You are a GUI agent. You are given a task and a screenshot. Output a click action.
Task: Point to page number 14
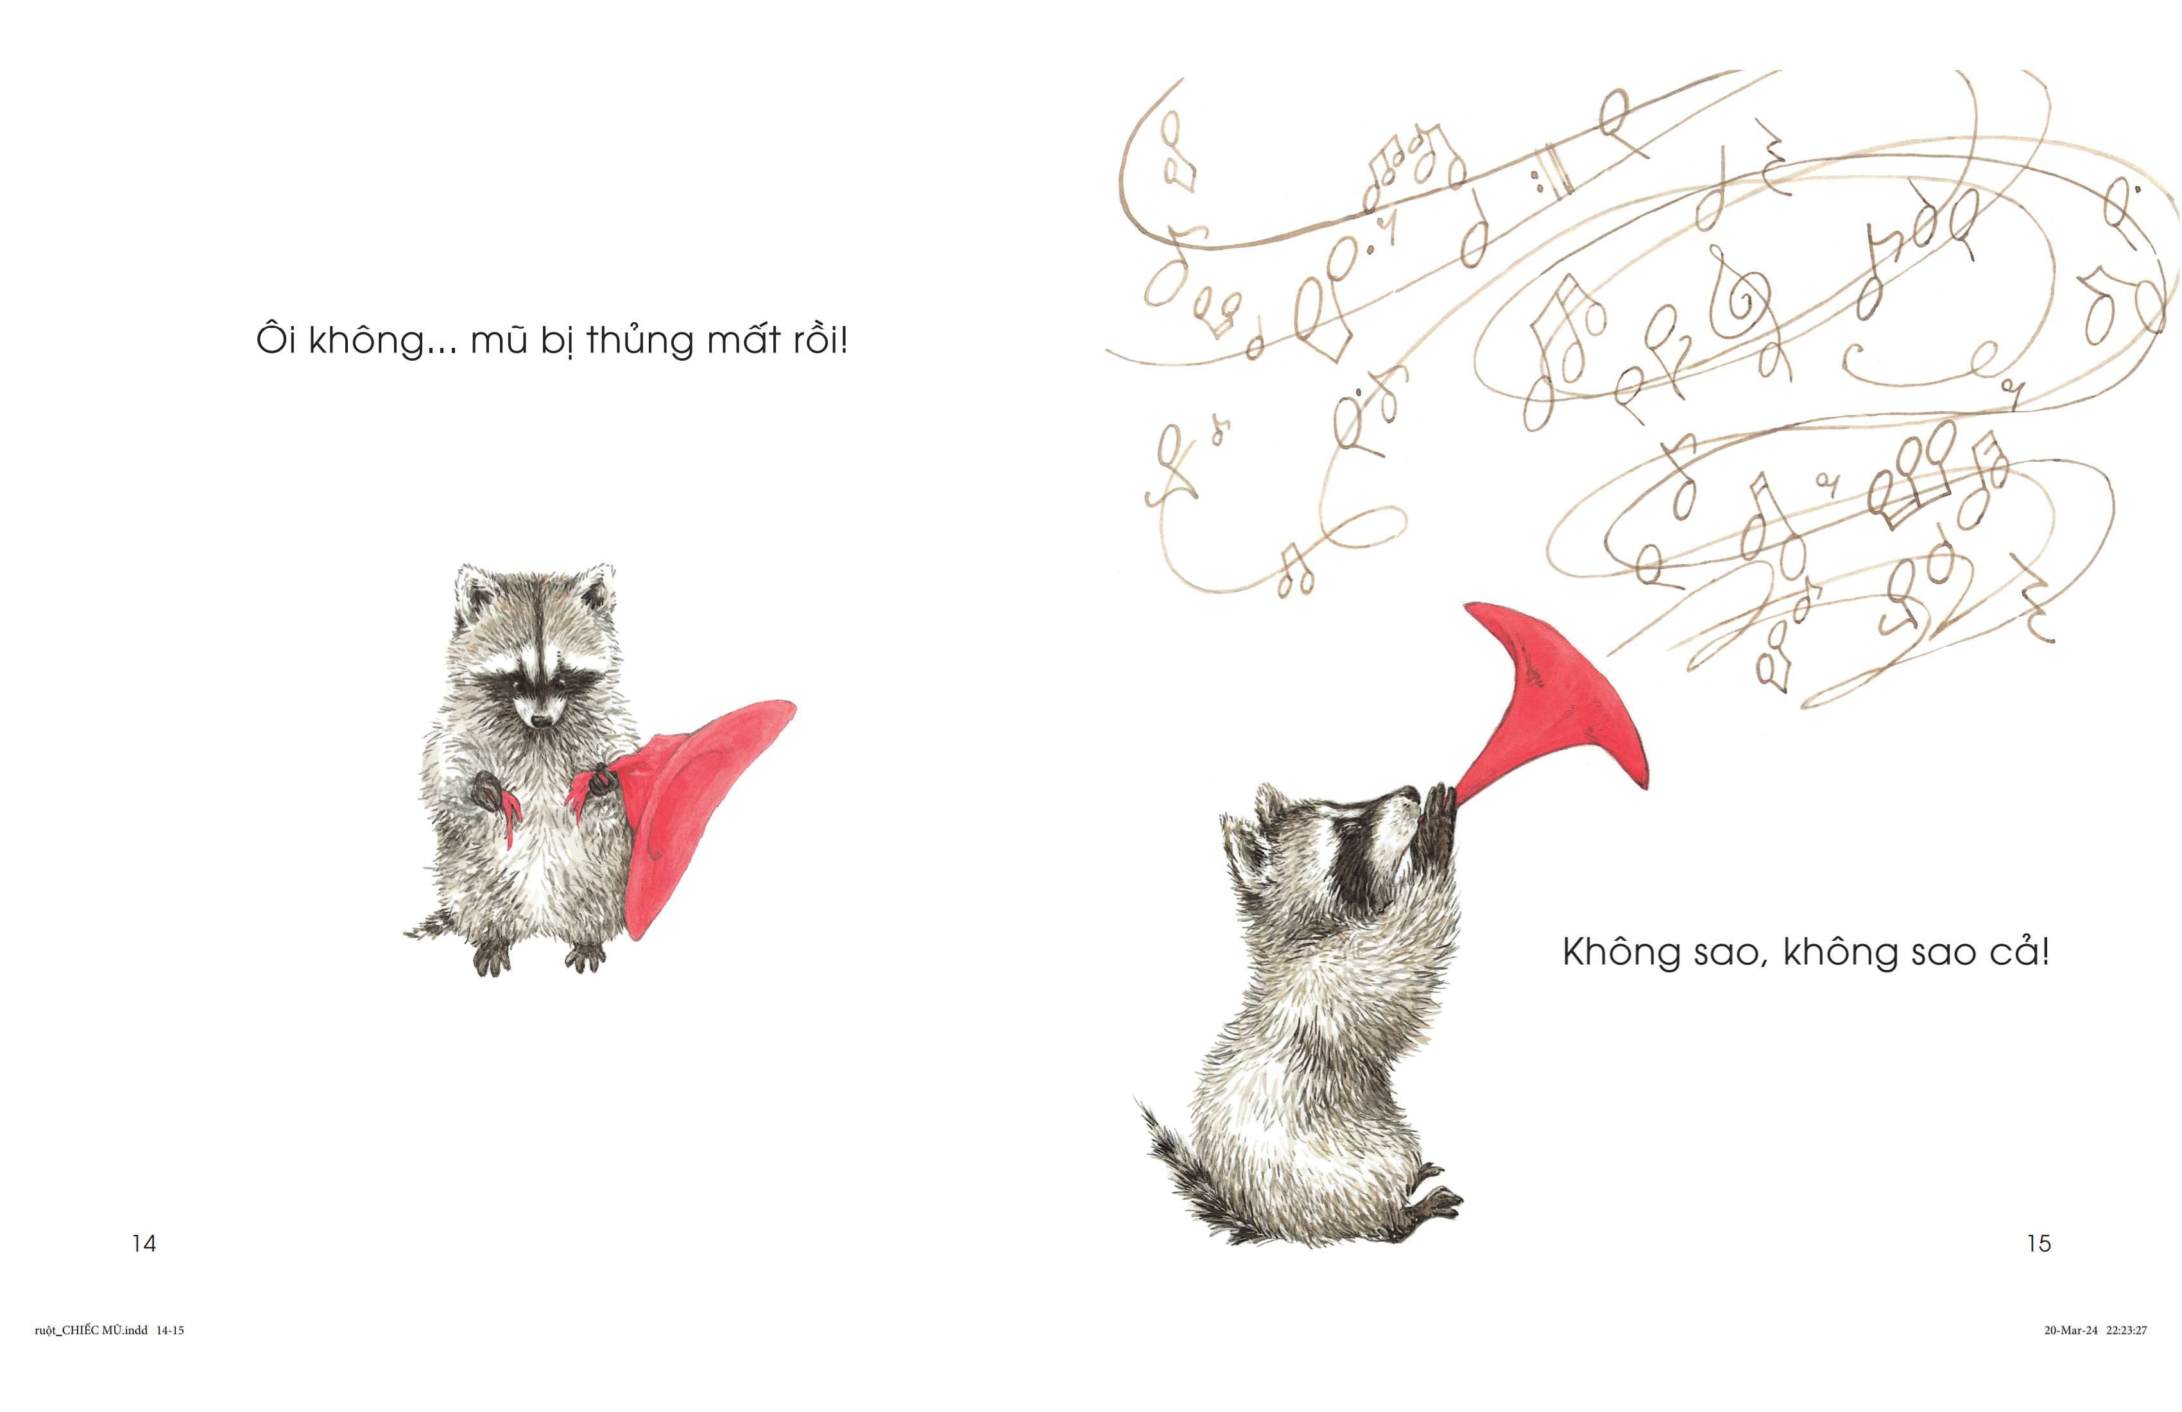[144, 1243]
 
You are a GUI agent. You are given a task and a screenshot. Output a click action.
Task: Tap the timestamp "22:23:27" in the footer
[2126, 1330]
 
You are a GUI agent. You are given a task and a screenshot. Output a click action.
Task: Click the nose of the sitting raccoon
[541, 721]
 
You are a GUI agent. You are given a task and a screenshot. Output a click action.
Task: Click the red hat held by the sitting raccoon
[697, 807]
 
